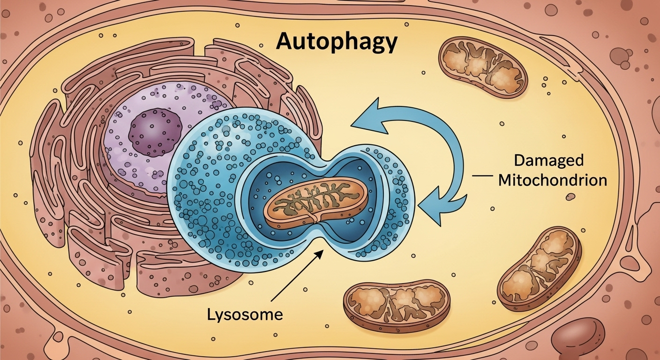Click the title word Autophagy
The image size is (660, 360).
[x=336, y=42]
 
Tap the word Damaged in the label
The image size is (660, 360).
[x=549, y=161]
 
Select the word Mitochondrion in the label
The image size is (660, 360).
[x=553, y=180]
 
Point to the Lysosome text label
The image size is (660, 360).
[x=245, y=314]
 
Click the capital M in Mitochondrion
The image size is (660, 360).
[x=505, y=180]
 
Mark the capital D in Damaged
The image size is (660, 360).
[x=519, y=161]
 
